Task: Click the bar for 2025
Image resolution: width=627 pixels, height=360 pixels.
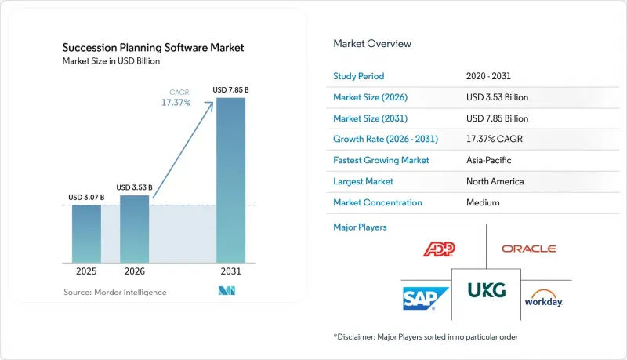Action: point(86,234)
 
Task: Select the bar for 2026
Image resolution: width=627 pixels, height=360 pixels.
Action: point(134,229)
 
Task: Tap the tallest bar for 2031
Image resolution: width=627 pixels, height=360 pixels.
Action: point(230,180)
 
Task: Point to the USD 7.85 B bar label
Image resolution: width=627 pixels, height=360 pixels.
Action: point(230,90)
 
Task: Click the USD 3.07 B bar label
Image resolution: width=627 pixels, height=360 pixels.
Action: point(86,197)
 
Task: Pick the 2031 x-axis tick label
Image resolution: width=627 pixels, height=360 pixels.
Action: point(230,271)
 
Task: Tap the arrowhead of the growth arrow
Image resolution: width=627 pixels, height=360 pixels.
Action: point(209,105)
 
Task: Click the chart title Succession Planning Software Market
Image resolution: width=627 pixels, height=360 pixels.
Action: point(153,48)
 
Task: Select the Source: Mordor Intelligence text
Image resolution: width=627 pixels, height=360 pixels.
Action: point(115,292)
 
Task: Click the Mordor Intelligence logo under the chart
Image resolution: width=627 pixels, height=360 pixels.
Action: point(227,291)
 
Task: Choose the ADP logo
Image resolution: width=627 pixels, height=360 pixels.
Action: point(439,249)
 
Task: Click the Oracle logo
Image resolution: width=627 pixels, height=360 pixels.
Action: point(528,249)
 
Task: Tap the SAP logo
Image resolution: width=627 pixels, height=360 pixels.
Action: point(426,298)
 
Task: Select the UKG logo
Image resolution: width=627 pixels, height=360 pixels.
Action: point(487,290)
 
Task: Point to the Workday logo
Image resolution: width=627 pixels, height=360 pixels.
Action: point(543,298)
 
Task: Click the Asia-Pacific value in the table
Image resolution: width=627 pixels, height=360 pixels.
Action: point(488,160)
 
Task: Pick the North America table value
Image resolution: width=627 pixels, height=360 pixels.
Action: point(495,181)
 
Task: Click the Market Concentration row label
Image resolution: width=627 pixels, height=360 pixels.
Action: point(378,202)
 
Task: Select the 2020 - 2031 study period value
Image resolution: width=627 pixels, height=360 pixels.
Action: point(488,76)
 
